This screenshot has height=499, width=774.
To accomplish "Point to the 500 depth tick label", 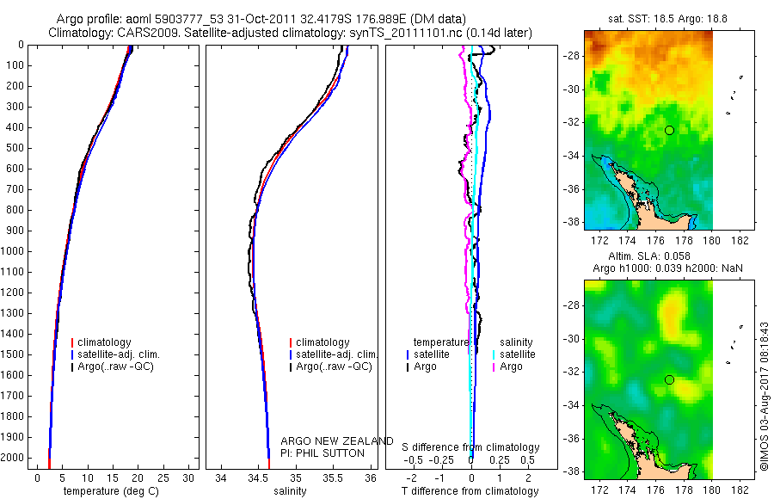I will (x=15, y=147).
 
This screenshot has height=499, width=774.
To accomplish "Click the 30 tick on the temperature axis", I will (x=188, y=477).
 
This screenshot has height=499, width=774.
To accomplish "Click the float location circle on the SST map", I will (x=669, y=130).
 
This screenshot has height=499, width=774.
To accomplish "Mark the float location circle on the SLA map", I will (x=669, y=379).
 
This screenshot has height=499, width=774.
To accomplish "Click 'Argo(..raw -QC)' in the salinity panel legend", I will (x=334, y=367).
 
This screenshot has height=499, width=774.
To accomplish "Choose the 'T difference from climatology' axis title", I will (x=471, y=491).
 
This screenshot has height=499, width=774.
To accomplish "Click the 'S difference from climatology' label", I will (x=471, y=447).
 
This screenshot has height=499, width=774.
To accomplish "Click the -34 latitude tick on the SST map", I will (x=571, y=156).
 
